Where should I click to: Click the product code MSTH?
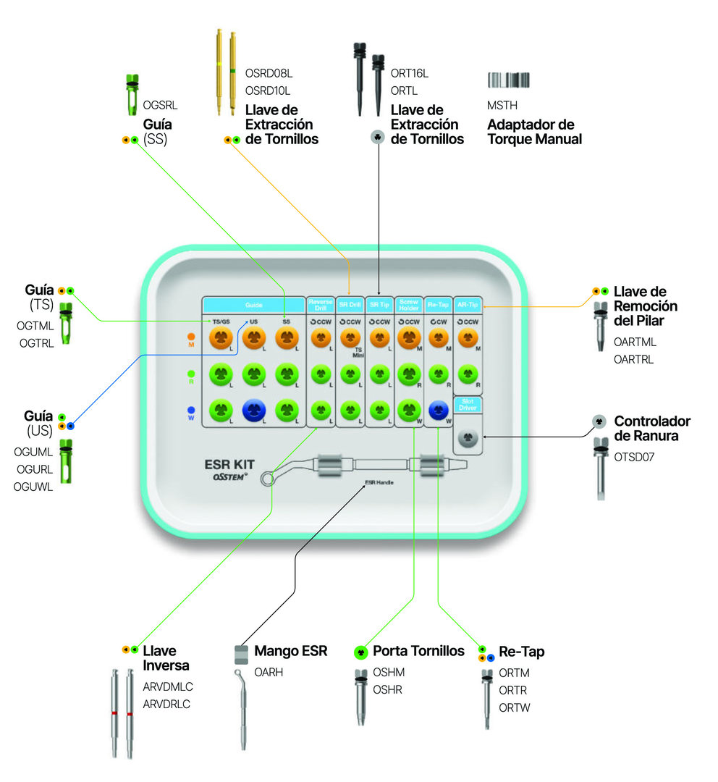tap(502, 106)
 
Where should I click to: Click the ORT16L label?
tap(409, 73)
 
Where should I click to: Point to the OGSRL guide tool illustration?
tap(132, 95)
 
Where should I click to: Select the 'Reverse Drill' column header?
tap(320, 305)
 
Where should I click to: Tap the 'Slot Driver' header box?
tap(467, 404)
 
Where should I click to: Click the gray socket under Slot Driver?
tap(467, 437)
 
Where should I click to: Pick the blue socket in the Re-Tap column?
tap(437, 411)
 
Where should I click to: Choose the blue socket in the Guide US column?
tap(253, 411)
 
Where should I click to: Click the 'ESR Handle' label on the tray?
tap(379, 482)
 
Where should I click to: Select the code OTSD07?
tap(634, 457)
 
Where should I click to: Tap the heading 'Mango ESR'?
tap(291, 652)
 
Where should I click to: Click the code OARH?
tap(269, 672)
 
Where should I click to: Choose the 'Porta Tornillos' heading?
tap(418, 652)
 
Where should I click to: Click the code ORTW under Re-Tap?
tap(514, 707)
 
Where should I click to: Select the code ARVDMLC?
tap(168, 686)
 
